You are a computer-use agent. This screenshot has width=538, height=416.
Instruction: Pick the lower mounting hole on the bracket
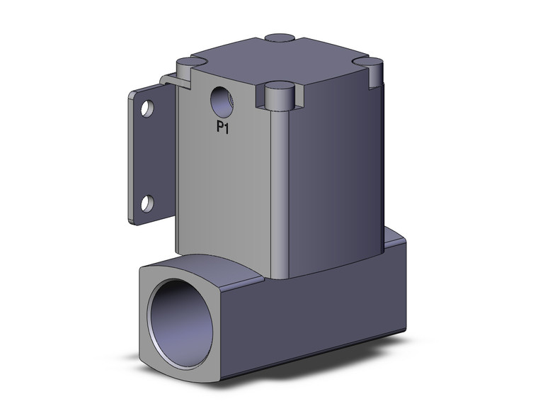tap(147, 203)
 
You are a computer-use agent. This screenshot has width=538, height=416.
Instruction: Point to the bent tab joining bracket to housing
tap(170, 79)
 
